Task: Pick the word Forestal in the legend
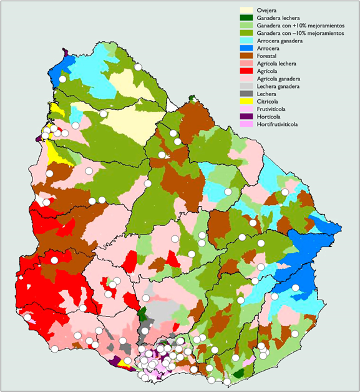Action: [267, 56]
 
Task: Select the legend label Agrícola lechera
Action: [276, 64]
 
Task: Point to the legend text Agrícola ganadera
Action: [278, 79]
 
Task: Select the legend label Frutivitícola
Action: [273, 109]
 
